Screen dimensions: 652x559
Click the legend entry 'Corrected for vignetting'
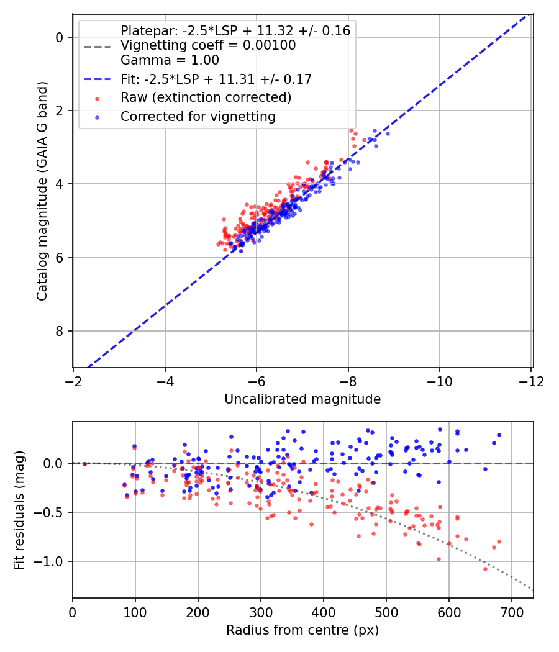pyautogui.click(x=198, y=116)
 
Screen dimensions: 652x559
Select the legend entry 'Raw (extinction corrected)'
pyautogui.click(x=206, y=97)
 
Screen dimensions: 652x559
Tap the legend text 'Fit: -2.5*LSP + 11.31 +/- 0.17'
pyautogui.click(x=216, y=79)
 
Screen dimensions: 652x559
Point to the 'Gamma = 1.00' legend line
pyautogui.click(x=170, y=60)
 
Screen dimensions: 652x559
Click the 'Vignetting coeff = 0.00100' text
pyautogui.click(x=208, y=45)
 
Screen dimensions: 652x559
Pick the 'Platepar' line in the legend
pyautogui.click(x=235, y=30)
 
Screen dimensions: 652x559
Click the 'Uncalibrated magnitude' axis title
pyautogui.click(x=302, y=399)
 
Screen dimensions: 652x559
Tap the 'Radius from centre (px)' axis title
pyautogui.click(x=302, y=630)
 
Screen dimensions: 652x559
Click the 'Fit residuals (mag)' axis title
pyautogui.click(x=19, y=510)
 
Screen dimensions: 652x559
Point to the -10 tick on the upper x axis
pyautogui.click(x=440, y=380)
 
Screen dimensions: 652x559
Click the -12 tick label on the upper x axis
pyautogui.click(x=531, y=380)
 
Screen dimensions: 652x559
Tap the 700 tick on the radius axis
pyautogui.click(x=511, y=611)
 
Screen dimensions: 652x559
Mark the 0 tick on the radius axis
pyautogui.click(x=73, y=611)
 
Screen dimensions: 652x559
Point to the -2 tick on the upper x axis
pyautogui.click(x=73, y=380)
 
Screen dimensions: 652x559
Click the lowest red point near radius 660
pyautogui.click(x=485, y=569)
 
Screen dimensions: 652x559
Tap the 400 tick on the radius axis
pyautogui.click(x=323, y=611)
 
